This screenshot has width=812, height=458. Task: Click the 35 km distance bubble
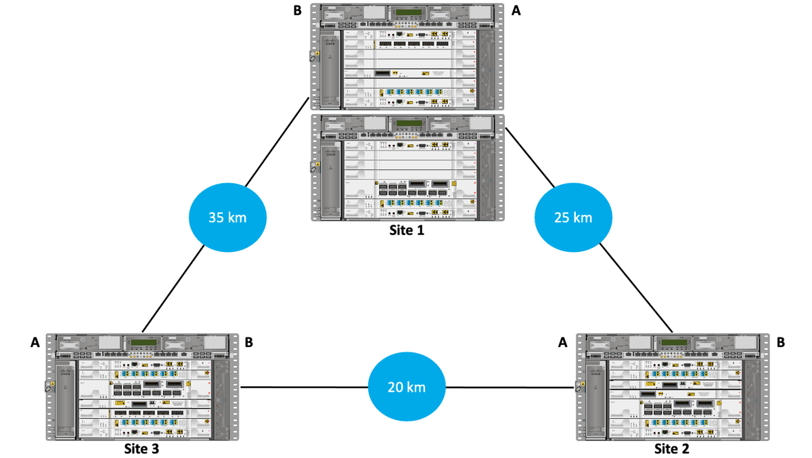(x=227, y=218)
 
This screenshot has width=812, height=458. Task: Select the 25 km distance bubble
(x=573, y=218)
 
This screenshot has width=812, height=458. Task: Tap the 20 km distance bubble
(x=407, y=388)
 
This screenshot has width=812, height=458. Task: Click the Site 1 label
(x=407, y=230)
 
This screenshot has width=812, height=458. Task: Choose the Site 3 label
(x=141, y=449)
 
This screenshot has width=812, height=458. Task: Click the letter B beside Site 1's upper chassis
(x=298, y=11)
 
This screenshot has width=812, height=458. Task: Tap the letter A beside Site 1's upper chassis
(x=517, y=11)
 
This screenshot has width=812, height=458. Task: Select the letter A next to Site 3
(x=35, y=343)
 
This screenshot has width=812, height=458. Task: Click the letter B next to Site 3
(x=249, y=343)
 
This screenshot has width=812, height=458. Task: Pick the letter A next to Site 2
(x=562, y=343)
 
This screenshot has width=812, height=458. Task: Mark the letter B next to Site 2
(x=781, y=343)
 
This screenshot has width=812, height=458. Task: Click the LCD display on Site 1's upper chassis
(x=407, y=13)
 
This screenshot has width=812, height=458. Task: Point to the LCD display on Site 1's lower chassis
(x=407, y=123)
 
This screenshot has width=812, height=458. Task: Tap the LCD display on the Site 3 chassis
(x=141, y=343)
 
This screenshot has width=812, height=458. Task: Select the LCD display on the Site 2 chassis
(x=672, y=343)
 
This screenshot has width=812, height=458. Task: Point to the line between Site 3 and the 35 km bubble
(x=173, y=288)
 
